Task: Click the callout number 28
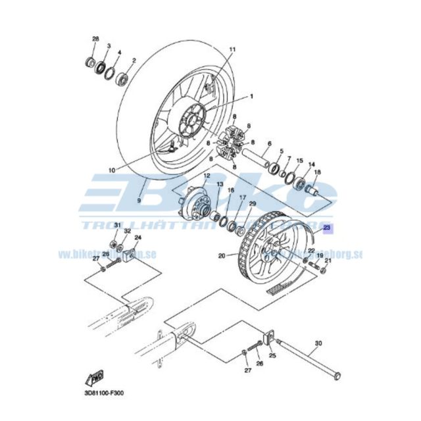click(x=95, y=39)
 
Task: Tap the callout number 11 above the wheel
click(x=232, y=50)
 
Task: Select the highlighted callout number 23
click(x=328, y=229)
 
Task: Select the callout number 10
click(x=112, y=170)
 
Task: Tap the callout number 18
click(x=317, y=172)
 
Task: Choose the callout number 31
click(x=117, y=226)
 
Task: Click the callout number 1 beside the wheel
click(x=251, y=96)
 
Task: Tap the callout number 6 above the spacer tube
click(x=269, y=143)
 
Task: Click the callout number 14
click(x=312, y=164)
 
